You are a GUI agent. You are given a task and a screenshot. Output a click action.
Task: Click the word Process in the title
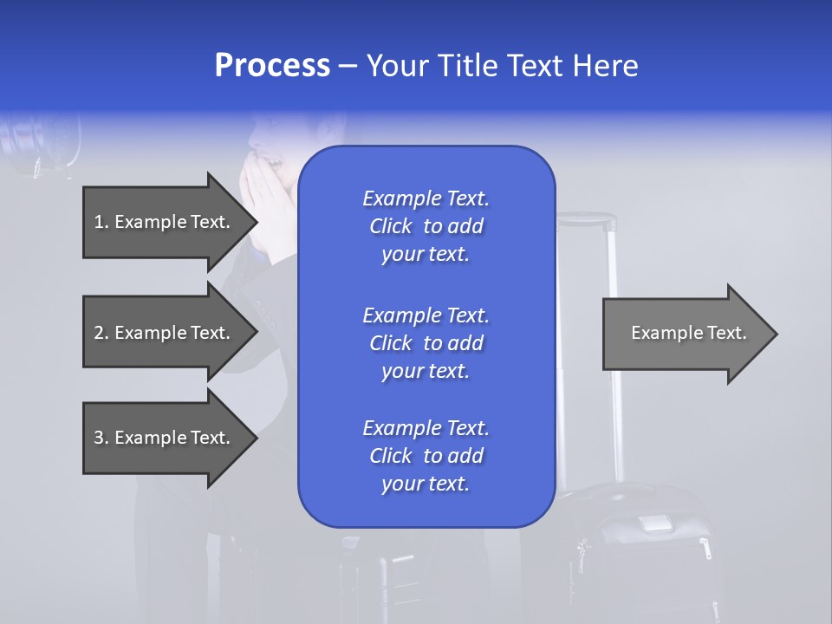[x=272, y=66]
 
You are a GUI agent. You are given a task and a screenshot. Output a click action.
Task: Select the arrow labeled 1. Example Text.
[x=165, y=222]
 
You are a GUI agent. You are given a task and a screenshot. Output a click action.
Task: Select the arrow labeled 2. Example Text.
[x=165, y=333]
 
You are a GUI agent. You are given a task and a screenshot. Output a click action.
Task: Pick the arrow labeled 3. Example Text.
[x=165, y=438]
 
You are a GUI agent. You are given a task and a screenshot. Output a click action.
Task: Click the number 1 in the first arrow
[x=99, y=222]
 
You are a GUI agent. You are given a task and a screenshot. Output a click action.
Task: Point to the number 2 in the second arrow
[x=99, y=333]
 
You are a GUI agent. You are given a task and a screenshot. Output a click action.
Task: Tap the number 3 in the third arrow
[x=99, y=438]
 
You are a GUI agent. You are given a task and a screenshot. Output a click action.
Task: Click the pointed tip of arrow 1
[x=255, y=222]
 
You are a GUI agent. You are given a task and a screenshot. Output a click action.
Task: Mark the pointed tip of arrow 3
[x=255, y=438]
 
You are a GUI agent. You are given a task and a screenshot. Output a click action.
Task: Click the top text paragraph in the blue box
[x=426, y=226]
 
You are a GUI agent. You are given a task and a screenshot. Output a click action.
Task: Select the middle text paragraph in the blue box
[x=426, y=343]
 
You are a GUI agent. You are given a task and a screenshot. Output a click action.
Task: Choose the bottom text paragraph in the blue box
[x=426, y=456]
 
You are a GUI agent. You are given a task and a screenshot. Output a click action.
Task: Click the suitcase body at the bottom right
[x=646, y=563]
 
